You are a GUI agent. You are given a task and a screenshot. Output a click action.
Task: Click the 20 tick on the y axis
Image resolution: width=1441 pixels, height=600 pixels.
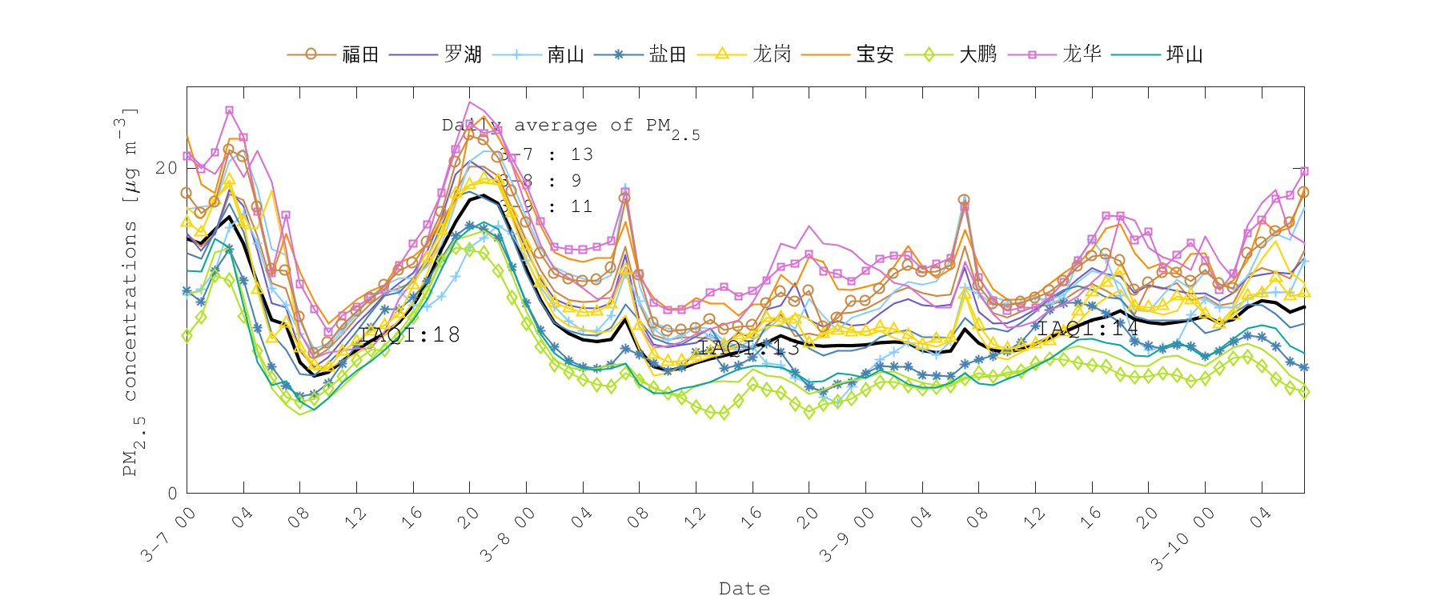(167, 168)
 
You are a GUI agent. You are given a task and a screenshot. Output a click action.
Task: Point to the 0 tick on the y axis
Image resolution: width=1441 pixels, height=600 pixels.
(172, 493)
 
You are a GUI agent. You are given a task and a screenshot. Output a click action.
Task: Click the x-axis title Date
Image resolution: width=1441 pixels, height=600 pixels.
(745, 589)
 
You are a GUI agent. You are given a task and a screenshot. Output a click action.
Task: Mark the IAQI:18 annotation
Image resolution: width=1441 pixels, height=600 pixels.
(410, 334)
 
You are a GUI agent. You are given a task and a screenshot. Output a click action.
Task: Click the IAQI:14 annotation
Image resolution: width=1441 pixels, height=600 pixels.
(1088, 328)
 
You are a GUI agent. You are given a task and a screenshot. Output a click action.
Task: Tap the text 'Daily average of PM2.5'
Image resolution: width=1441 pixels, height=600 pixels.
(570, 126)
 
